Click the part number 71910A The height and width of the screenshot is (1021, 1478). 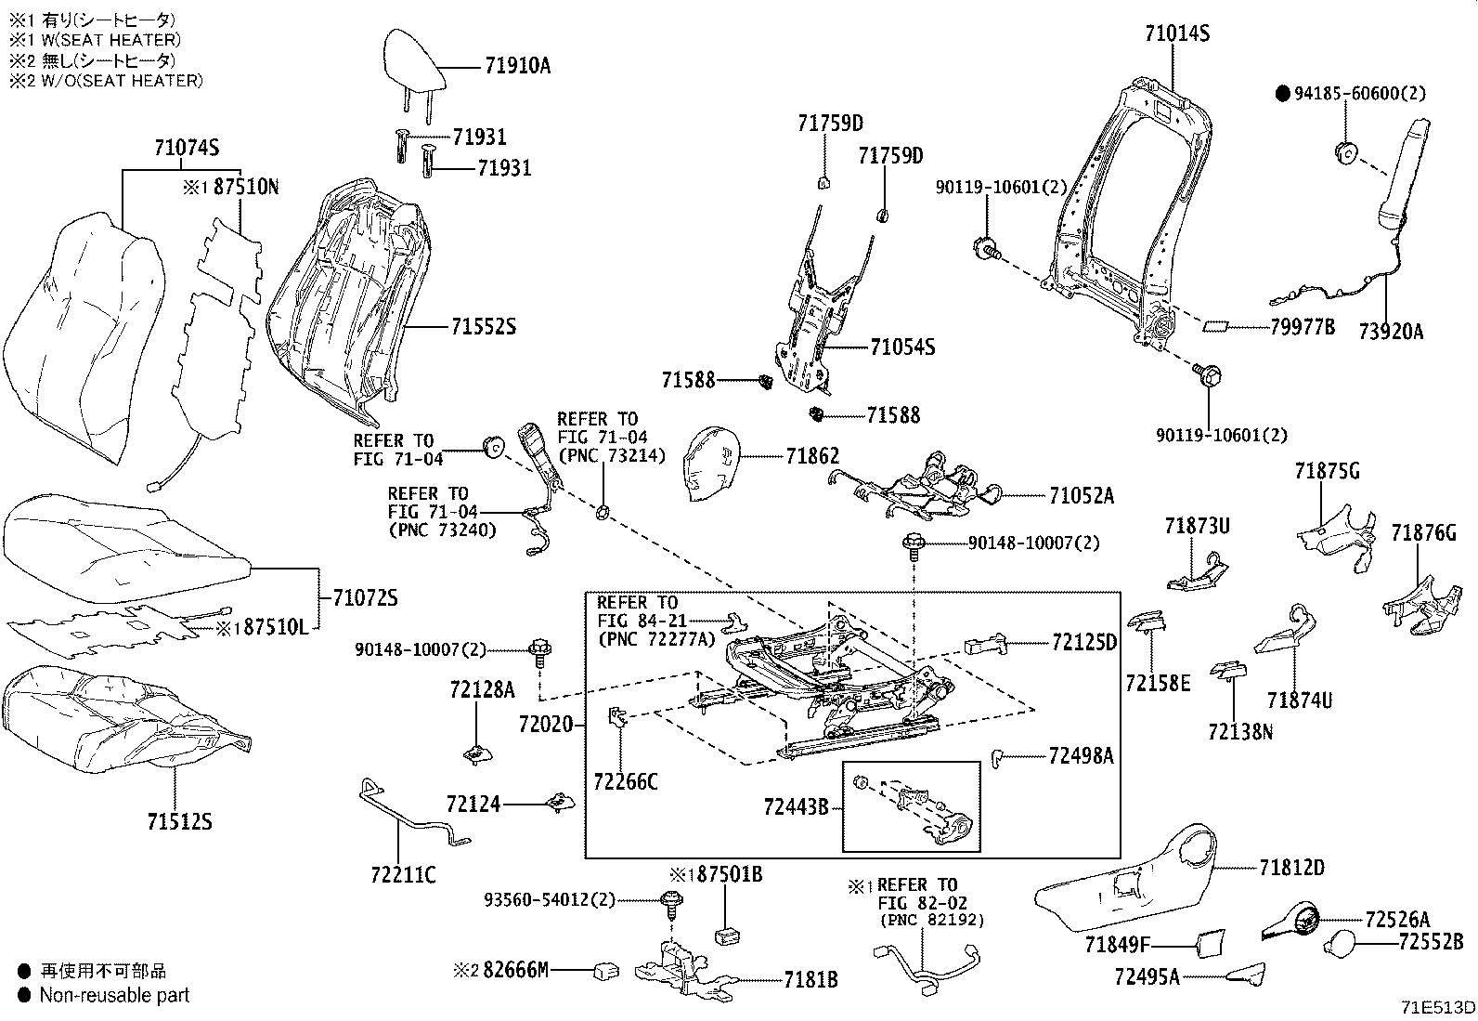(x=517, y=66)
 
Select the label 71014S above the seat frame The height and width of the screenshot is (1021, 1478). (x=1176, y=34)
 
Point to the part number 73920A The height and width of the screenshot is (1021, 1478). (x=1390, y=332)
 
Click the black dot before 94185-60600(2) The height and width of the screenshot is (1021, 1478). (x=1283, y=93)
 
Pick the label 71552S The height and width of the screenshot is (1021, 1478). (x=483, y=327)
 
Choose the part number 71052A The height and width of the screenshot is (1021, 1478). (x=1082, y=495)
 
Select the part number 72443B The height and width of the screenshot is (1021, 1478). (x=796, y=807)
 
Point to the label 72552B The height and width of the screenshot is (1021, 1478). (x=1431, y=942)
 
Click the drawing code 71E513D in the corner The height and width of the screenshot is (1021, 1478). (x=1438, y=1007)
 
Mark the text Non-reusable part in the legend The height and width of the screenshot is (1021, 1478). (x=114, y=995)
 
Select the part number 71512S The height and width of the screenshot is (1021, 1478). (x=179, y=821)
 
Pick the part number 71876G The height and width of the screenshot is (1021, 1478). (x=1423, y=533)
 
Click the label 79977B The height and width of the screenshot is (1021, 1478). (x=1298, y=327)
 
